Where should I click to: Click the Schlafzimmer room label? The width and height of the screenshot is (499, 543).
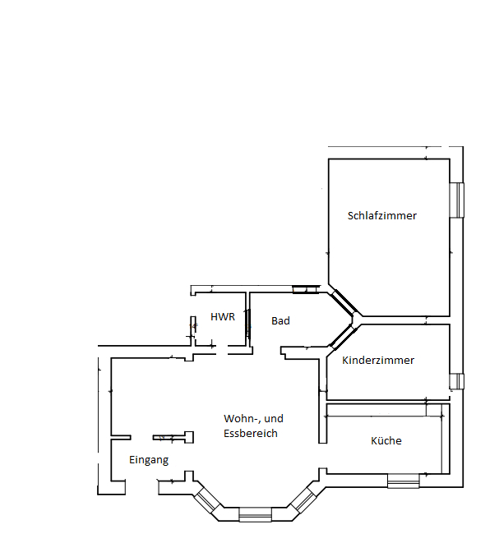(x=382, y=216)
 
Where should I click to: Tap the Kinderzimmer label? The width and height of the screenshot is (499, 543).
(x=378, y=361)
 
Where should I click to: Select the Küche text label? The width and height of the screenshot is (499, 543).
(x=386, y=441)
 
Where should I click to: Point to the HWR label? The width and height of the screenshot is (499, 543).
(x=223, y=317)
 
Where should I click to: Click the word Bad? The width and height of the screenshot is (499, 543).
(x=280, y=321)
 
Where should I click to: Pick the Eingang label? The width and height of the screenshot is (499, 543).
(x=149, y=460)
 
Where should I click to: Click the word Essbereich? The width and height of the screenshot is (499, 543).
(x=251, y=433)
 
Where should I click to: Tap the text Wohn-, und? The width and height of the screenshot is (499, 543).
(x=253, y=418)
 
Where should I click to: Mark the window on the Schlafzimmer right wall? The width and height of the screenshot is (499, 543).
(x=457, y=200)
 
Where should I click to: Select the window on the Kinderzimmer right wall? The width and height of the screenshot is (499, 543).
(x=457, y=381)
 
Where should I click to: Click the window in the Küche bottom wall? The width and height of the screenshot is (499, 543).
(x=404, y=481)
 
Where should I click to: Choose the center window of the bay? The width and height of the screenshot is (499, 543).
(x=255, y=515)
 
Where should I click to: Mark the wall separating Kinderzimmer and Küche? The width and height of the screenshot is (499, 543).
(x=386, y=402)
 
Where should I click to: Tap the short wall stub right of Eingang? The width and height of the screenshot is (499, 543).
(x=171, y=437)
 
